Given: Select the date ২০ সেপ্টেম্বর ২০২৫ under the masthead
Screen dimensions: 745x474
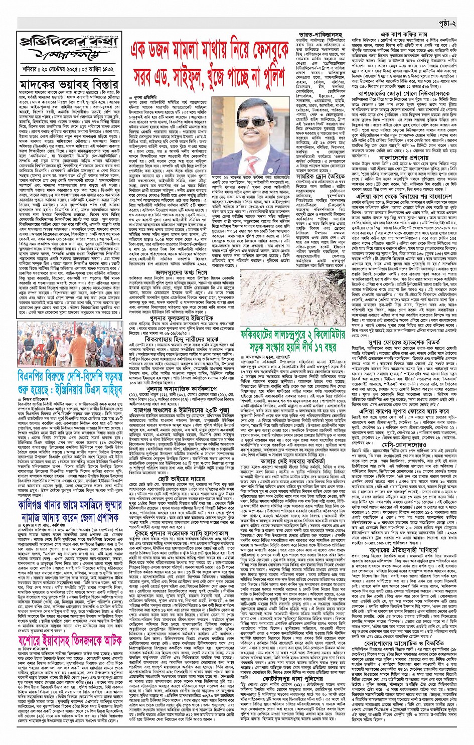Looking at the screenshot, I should click(63, 65).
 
